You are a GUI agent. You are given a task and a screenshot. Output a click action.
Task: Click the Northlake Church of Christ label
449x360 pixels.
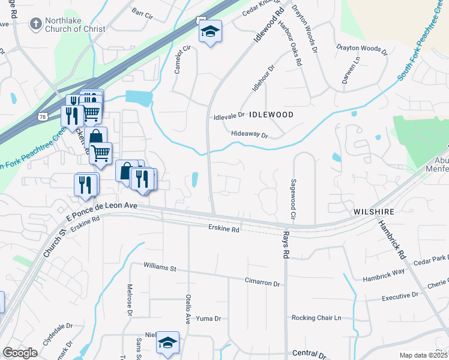(x=75, y=24)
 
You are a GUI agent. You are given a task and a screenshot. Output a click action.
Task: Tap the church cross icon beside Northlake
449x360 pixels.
(x=35, y=24)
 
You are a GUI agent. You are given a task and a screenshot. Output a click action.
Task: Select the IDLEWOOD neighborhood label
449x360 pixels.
(x=271, y=114)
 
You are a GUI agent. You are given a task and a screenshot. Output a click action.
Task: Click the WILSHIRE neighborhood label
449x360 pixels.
(x=374, y=212)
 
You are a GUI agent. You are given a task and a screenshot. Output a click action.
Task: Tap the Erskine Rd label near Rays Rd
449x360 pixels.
(x=224, y=229)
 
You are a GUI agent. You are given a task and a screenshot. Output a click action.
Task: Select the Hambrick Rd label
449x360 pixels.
(x=391, y=238)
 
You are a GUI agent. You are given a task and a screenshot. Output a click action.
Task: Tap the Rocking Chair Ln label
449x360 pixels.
(x=316, y=317)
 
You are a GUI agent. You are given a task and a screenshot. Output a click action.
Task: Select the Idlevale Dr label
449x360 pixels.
(x=229, y=116)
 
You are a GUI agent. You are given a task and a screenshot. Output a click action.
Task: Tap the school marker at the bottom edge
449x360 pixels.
(x=167, y=343)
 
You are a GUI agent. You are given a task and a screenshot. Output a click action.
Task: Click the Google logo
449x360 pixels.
(x=20, y=353)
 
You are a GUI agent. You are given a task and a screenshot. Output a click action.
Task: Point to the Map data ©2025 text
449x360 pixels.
(x=424, y=355)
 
